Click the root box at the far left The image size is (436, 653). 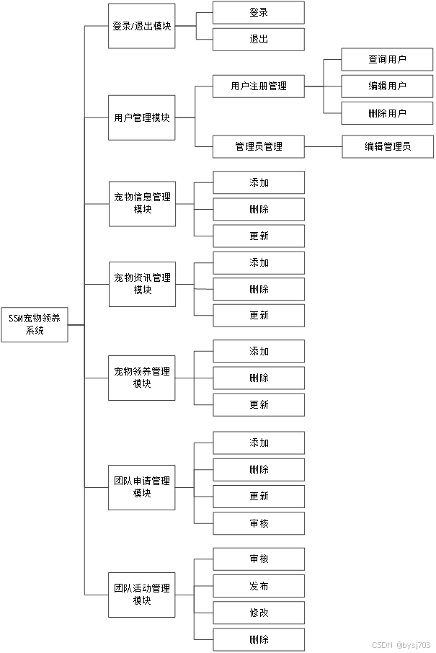tap(35, 324)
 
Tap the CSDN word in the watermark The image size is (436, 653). tap(381, 644)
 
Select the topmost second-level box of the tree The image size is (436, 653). tap(142, 26)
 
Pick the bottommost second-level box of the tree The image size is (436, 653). tap(142, 595)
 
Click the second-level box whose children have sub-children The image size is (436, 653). tap(142, 117)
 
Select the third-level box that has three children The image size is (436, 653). tap(258, 86)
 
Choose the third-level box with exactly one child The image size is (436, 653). tap(258, 146)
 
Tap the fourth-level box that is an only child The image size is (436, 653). tap(388, 146)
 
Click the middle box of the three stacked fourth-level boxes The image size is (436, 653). tap(387, 86)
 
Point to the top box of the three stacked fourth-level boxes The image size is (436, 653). tap(387, 60)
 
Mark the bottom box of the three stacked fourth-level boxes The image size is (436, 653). tap(387, 113)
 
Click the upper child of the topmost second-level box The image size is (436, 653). tap(258, 12)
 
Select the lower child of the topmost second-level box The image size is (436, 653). tap(258, 39)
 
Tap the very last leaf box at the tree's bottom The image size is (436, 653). tap(259, 639)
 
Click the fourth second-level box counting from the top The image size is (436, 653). tap(143, 284)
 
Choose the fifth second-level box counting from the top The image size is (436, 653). tap(142, 378)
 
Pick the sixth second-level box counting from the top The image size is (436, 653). tap(142, 487)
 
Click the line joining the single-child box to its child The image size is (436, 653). tap(323, 146)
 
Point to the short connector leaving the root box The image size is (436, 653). tap(76, 325)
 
